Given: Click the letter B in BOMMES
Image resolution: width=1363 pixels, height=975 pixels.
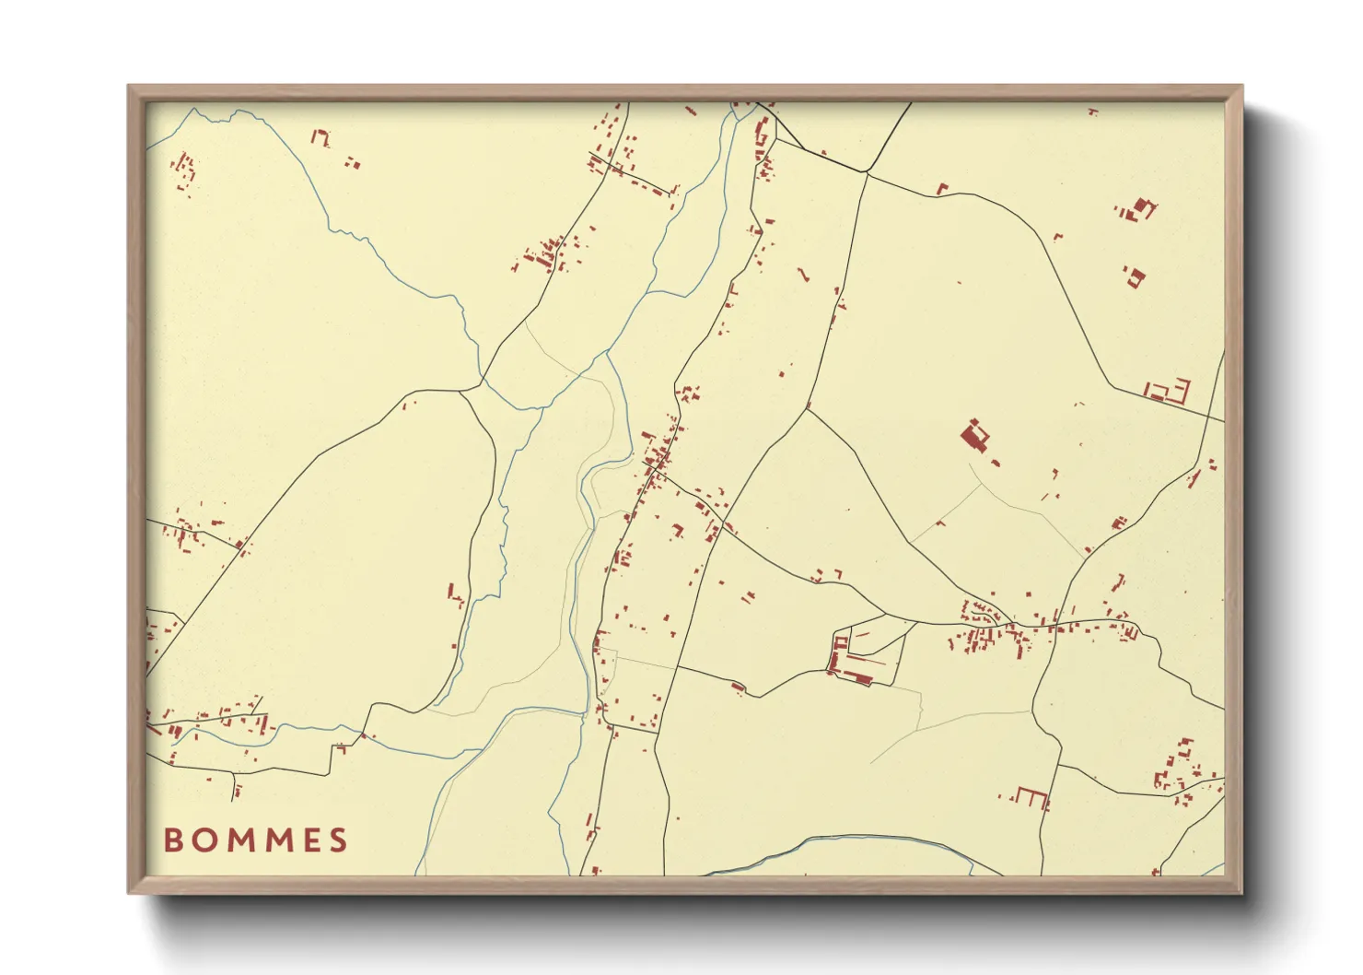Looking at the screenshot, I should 172,840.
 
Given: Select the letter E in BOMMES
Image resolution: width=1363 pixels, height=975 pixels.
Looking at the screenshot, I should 308,840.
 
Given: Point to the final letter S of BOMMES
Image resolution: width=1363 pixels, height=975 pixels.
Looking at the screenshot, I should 338,840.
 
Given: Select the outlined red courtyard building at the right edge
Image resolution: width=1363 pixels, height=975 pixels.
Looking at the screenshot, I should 1168,391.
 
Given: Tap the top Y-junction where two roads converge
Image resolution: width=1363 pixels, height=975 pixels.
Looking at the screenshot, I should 866,172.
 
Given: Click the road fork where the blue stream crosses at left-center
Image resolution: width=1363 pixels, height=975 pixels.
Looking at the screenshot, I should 481,380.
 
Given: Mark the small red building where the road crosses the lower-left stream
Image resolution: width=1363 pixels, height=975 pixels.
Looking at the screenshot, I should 363,735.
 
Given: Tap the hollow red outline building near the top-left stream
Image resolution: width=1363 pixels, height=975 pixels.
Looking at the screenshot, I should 320,138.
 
